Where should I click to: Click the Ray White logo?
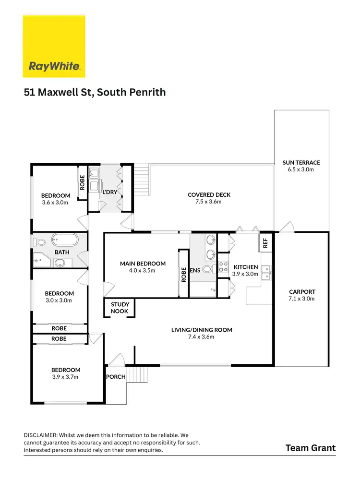coord(54,46)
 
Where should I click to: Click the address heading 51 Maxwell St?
coord(95,92)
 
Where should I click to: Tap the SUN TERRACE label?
coord(301,163)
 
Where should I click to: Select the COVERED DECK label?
coord(209,195)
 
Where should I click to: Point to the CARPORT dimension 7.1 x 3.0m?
coord(302,299)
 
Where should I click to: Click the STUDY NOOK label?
coord(120,307)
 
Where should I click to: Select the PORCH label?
coord(116,377)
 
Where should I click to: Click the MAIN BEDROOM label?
coord(143,264)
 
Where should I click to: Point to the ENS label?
coord(195,270)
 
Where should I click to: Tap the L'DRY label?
coord(110,192)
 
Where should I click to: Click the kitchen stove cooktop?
coord(223,267)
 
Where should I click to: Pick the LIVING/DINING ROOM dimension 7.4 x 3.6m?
coord(202,336)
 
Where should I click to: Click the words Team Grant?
coord(311,448)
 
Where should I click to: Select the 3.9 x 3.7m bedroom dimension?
coord(66,377)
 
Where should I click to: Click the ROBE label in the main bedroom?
coord(183,274)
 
